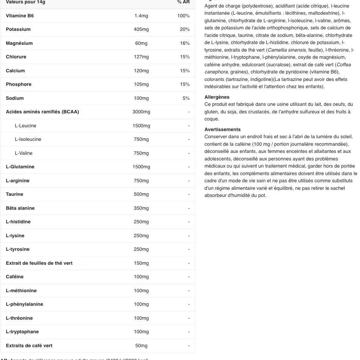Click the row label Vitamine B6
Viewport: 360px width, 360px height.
[x=20, y=16]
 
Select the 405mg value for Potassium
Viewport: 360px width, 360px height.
[x=141, y=29]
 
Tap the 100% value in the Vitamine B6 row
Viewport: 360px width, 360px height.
[x=183, y=16]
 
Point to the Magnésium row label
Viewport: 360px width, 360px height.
[x=19, y=43]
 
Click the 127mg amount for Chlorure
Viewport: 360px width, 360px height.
[x=141, y=57]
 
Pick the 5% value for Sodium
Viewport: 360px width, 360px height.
[x=186, y=98]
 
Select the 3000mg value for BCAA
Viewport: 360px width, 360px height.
[x=141, y=112]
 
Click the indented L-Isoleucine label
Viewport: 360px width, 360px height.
[x=28, y=139]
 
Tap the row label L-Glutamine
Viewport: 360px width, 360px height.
[x=20, y=167]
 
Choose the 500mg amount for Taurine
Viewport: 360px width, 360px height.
[x=141, y=194]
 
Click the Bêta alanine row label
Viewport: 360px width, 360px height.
[x=20, y=208]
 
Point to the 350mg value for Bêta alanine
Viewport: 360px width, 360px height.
[x=141, y=208]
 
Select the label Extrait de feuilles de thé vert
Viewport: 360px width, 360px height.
[x=39, y=263]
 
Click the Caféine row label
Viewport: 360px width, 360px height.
[x=15, y=277]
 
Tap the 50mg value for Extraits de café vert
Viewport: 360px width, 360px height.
[x=141, y=346]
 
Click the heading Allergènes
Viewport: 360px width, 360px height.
[x=217, y=97]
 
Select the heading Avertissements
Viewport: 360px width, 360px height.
[x=223, y=130]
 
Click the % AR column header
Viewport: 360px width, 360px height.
[x=183, y=2]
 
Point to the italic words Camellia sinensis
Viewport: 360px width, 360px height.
[x=287, y=50]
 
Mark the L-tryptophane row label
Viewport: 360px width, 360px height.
[x=22, y=332]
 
